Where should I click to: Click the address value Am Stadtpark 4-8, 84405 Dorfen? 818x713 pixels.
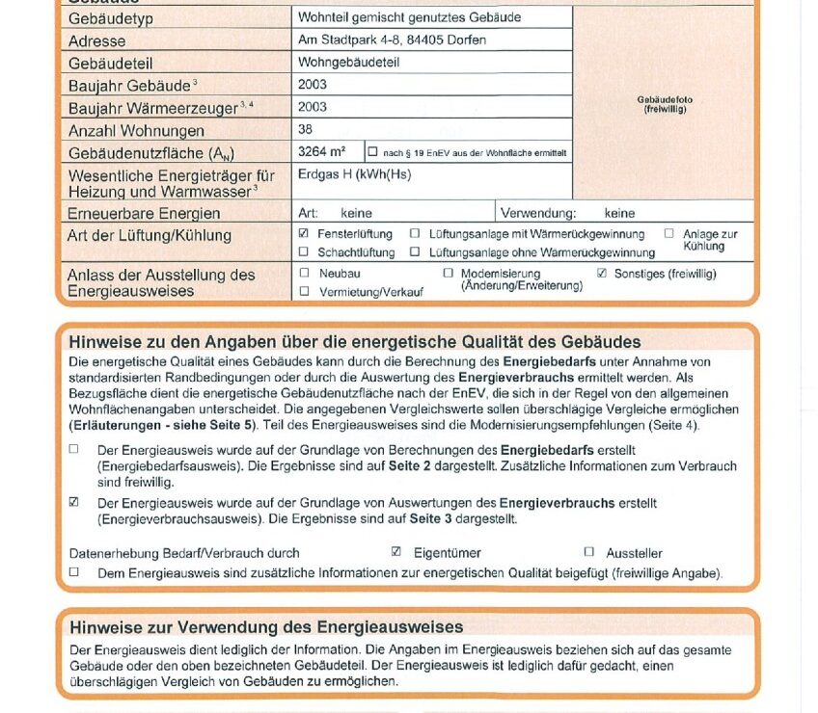(392, 40)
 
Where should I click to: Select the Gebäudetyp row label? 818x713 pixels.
(111, 19)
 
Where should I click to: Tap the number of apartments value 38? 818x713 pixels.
(306, 129)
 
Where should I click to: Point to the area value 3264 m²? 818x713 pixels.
(322, 152)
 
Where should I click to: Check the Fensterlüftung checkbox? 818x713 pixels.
(304, 234)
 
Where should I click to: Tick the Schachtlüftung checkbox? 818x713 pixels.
(304, 252)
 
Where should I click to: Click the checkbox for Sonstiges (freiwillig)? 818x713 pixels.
(602, 274)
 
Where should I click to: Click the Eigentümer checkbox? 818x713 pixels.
(395, 552)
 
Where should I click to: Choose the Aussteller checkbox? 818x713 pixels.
(588, 552)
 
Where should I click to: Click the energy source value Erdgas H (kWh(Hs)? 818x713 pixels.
(354, 175)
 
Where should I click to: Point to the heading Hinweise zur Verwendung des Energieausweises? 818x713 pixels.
(266, 627)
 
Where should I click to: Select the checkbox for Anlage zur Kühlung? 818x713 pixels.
(668, 234)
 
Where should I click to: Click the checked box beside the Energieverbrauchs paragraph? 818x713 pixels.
(74, 503)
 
